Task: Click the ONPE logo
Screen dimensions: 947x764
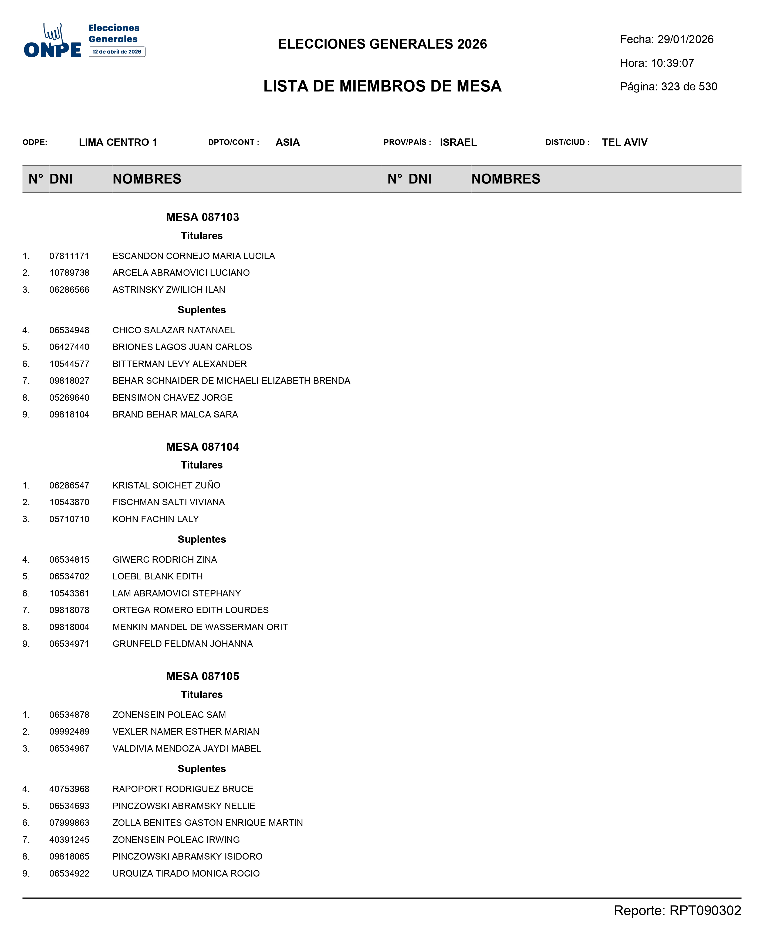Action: click(53, 42)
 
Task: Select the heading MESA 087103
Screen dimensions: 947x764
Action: click(202, 217)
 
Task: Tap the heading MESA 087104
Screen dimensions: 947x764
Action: click(202, 447)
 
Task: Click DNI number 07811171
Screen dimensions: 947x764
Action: click(69, 256)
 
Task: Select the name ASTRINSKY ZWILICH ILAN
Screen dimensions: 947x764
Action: click(168, 290)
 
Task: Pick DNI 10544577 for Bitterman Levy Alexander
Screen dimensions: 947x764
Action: click(69, 364)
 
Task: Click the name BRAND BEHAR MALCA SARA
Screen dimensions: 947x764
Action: click(175, 414)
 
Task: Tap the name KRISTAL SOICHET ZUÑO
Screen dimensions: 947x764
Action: click(166, 485)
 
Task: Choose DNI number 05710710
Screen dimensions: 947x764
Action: click(69, 519)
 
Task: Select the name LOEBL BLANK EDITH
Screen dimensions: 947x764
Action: click(158, 576)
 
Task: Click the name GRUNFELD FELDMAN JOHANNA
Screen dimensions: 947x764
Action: click(183, 644)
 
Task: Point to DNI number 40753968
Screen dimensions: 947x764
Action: click(69, 789)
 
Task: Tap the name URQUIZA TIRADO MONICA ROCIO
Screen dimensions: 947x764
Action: click(186, 874)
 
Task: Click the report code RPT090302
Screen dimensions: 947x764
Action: click(705, 911)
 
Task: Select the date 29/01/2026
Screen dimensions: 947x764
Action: click(685, 40)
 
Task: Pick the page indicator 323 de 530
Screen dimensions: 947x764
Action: click(689, 87)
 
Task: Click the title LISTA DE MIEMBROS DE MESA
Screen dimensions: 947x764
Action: click(383, 86)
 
